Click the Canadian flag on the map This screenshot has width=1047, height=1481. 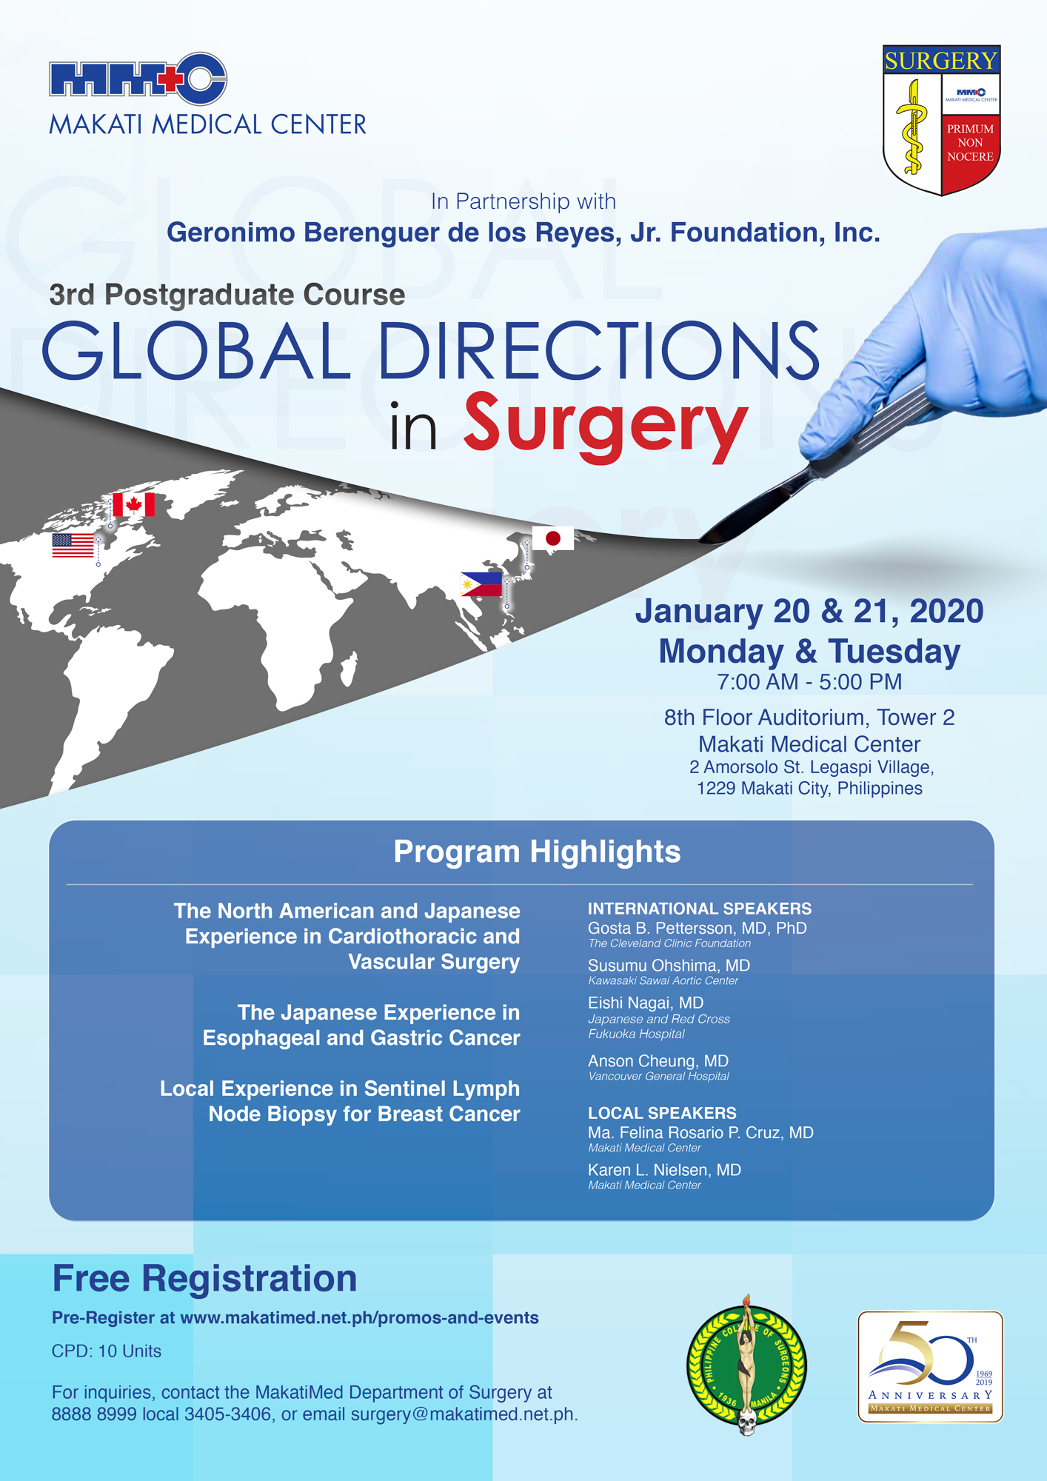click(133, 504)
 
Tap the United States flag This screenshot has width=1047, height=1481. click(73, 546)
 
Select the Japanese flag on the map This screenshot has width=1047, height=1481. click(553, 538)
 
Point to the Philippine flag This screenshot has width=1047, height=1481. click(481, 584)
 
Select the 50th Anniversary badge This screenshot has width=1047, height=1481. click(930, 1367)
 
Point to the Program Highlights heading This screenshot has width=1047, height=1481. click(537, 852)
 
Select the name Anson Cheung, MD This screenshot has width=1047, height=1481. click(658, 1061)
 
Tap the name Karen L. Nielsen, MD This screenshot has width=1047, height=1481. click(664, 1170)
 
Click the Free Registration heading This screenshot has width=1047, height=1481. click(204, 1279)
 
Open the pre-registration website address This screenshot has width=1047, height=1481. click(359, 1318)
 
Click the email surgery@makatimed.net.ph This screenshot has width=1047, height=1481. click(462, 1414)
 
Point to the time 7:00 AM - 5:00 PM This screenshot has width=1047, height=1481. click(809, 682)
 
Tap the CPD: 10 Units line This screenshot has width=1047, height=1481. click(107, 1351)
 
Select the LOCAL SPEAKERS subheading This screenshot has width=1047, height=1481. click(662, 1113)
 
